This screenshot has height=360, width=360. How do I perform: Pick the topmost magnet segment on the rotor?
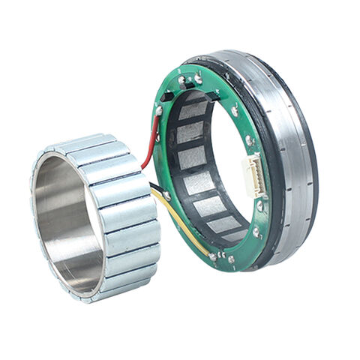[x=86, y=142]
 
